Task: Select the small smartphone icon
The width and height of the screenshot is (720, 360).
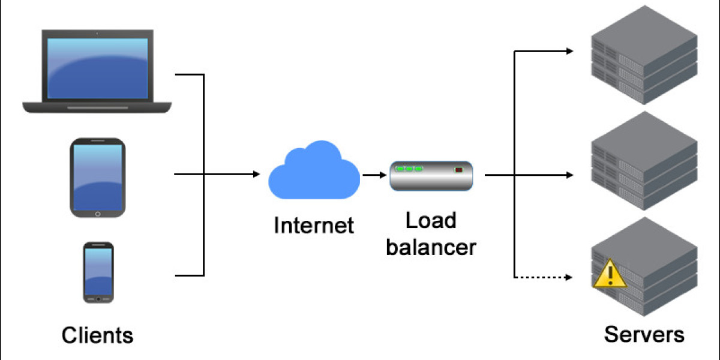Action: pos(98,272)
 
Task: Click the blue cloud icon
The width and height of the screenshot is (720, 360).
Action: pos(313,172)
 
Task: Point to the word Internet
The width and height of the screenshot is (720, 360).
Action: pos(313,226)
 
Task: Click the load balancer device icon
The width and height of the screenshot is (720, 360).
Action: pos(431,176)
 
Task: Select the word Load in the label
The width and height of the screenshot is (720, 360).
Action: pos(430,220)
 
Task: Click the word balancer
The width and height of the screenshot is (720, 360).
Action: pos(430,246)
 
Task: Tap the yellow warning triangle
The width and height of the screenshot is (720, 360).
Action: pos(609,274)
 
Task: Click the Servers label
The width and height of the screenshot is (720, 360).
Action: pos(643,334)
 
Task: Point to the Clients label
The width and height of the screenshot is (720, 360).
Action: pos(97,335)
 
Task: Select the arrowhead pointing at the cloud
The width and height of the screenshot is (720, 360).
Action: pos(257,175)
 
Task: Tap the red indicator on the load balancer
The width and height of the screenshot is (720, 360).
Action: pos(459,170)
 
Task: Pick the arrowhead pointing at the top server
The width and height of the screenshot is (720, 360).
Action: pos(570,51)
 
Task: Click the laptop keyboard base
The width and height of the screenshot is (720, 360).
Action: pos(97,107)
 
